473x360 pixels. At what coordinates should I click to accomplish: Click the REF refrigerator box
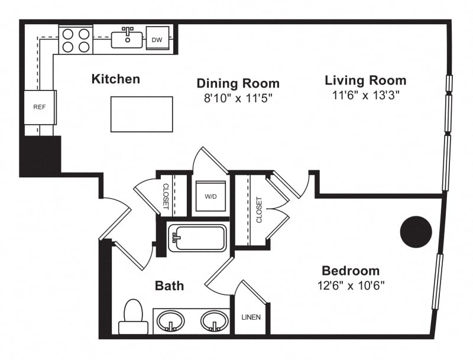tap(40, 107)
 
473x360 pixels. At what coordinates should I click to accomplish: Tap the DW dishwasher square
tap(157, 38)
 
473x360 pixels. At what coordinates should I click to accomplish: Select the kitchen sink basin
tap(127, 40)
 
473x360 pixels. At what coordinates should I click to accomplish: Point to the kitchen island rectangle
tap(142, 114)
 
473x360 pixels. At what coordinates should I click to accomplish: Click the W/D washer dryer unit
tap(210, 196)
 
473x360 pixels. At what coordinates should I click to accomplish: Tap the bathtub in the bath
tap(197, 238)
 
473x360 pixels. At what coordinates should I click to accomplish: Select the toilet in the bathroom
tap(134, 317)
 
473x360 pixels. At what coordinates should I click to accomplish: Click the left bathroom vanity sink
tap(171, 321)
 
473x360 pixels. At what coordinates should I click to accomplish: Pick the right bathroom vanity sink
tap(213, 321)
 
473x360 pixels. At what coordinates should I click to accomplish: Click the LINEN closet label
tap(251, 317)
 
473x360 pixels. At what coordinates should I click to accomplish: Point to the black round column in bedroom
tap(416, 232)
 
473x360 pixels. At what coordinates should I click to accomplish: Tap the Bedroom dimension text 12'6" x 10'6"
tap(351, 286)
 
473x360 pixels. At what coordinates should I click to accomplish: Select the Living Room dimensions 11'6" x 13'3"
tap(365, 95)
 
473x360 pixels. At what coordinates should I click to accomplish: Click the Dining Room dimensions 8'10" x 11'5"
tap(238, 98)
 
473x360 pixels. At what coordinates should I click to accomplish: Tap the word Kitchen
tap(116, 79)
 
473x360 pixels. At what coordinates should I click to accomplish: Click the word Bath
tap(169, 286)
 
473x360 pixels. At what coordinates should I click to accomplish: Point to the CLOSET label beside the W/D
tap(166, 196)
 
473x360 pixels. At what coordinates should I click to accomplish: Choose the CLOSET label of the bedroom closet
tap(259, 210)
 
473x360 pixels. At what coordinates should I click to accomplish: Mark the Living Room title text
tap(365, 80)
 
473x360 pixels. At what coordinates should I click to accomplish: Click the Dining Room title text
tap(238, 83)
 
